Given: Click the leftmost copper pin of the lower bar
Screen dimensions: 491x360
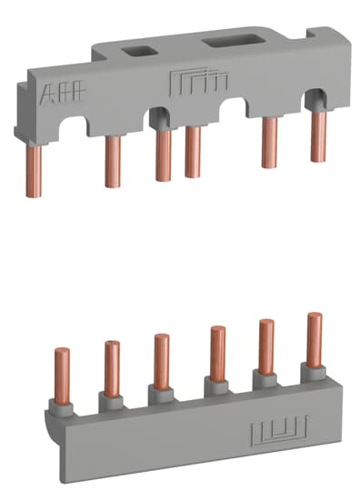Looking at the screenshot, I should [x=64, y=373].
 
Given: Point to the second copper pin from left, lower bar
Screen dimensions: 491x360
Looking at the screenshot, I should [x=113, y=367].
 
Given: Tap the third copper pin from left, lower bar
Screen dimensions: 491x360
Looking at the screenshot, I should [x=161, y=362].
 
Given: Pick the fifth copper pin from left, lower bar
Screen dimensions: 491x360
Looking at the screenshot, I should [x=265, y=346].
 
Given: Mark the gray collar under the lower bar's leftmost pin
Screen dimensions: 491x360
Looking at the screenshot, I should [x=65, y=404].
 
